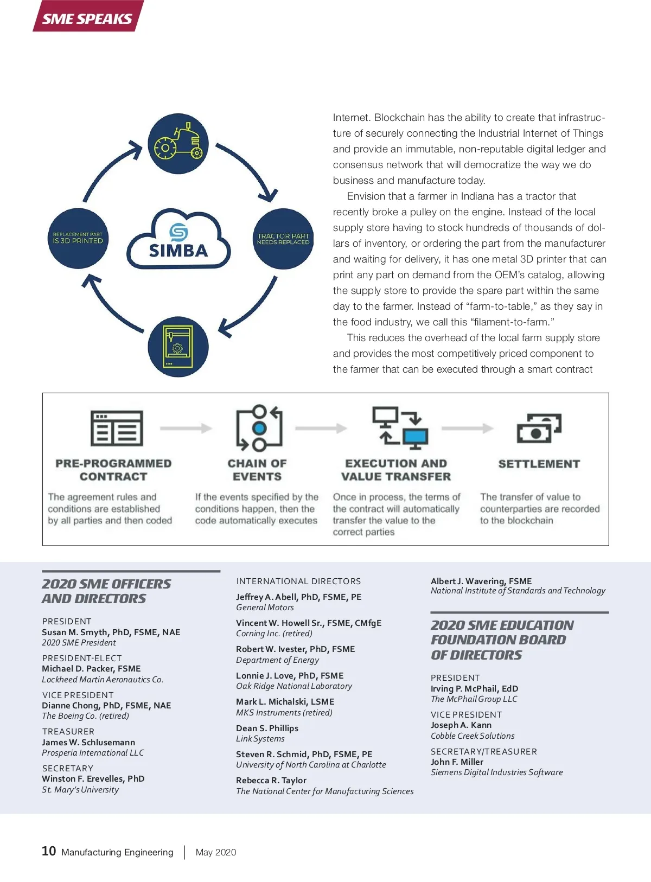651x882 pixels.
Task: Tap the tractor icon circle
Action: (x=178, y=144)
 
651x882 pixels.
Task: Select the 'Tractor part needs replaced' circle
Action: (x=283, y=239)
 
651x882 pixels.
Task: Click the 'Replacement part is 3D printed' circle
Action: (x=78, y=239)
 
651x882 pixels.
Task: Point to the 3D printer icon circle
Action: (x=178, y=347)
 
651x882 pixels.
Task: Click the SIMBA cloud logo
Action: (x=178, y=240)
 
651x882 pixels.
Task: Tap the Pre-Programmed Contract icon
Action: (x=117, y=429)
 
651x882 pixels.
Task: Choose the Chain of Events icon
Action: (x=259, y=429)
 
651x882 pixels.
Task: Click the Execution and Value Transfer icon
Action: (x=400, y=429)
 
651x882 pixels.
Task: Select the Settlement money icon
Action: (x=539, y=429)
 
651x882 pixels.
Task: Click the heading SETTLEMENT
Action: (x=539, y=464)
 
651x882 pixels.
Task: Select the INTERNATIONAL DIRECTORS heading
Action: (x=298, y=581)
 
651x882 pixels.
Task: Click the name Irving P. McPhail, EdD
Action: (x=474, y=689)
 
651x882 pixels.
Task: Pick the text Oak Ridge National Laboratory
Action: (x=294, y=686)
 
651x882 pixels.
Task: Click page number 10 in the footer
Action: (x=49, y=851)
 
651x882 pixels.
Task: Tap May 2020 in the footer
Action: (x=216, y=852)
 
